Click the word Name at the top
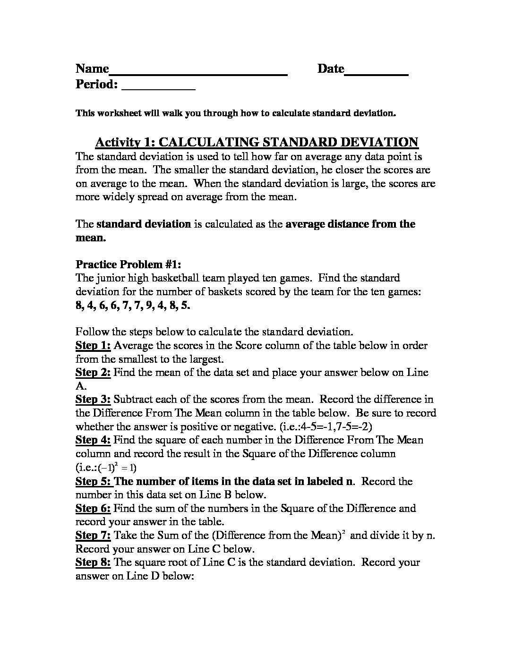click(92, 69)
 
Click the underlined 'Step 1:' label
click(93, 345)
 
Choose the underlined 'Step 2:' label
click(93, 372)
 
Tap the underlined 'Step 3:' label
click(93, 400)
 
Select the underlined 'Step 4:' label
click(93, 440)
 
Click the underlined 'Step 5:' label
click(94, 481)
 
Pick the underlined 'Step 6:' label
click(93, 508)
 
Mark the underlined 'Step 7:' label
click(93, 536)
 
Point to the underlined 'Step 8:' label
click(93, 563)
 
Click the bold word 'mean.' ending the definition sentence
click(90, 238)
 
